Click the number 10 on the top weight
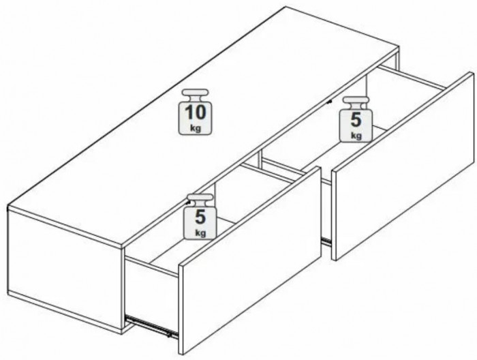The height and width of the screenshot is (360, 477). (x=195, y=112)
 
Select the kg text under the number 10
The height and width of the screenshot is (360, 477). (x=196, y=128)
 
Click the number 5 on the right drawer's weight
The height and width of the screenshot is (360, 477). (x=356, y=120)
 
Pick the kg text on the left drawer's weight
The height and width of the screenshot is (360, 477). (x=200, y=233)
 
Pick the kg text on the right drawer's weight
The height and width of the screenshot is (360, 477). (x=356, y=135)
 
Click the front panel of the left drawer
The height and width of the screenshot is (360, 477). (x=250, y=261)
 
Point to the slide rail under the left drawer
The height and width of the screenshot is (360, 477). (x=151, y=326)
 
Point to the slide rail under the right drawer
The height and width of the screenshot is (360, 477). (x=326, y=241)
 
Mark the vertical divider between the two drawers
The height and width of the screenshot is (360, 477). (x=260, y=157)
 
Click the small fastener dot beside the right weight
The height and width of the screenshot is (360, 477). (x=328, y=102)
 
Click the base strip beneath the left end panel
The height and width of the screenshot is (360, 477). (x=65, y=312)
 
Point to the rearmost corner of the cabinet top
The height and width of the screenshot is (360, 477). (x=285, y=7)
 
